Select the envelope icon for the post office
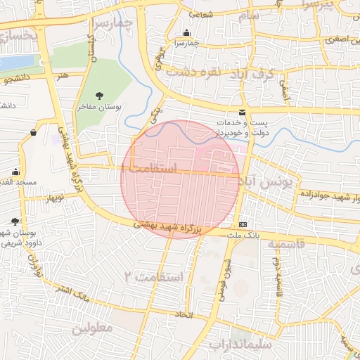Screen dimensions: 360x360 click(x=243, y=112)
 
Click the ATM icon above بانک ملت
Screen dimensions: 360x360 click(x=243, y=224)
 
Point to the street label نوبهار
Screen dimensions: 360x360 click(x=55, y=200)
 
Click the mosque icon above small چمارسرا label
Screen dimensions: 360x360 click(x=186, y=33)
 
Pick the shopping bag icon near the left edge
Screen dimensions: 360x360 click(x=33, y=132)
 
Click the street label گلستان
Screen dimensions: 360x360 click(x=90, y=49)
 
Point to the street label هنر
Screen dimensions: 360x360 click(x=65, y=75)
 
